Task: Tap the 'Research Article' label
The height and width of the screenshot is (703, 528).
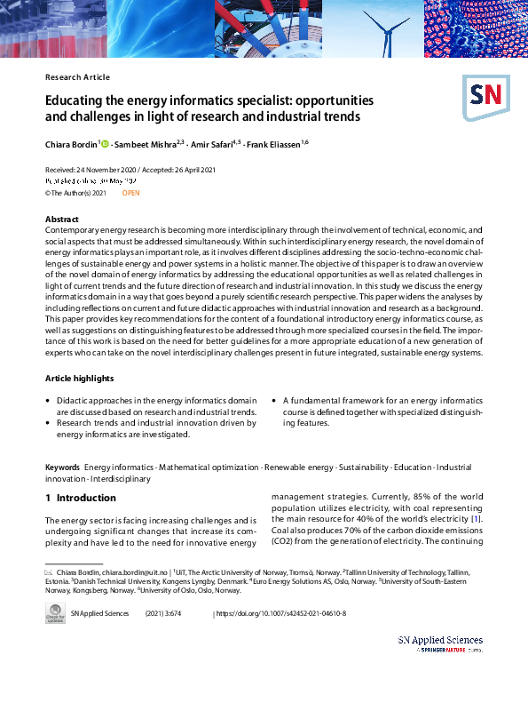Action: (77, 77)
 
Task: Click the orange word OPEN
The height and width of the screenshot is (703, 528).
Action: (130, 192)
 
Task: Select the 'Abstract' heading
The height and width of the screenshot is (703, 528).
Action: (63, 219)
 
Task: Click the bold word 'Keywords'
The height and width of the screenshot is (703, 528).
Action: (62, 467)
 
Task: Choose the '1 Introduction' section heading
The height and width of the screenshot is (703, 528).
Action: (80, 499)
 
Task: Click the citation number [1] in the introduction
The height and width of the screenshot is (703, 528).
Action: (477, 518)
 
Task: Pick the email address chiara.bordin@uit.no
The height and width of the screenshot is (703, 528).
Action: (131, 571)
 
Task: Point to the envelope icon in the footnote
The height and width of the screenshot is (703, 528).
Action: (50, 571)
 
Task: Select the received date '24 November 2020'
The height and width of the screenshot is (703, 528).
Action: (104, 170)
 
